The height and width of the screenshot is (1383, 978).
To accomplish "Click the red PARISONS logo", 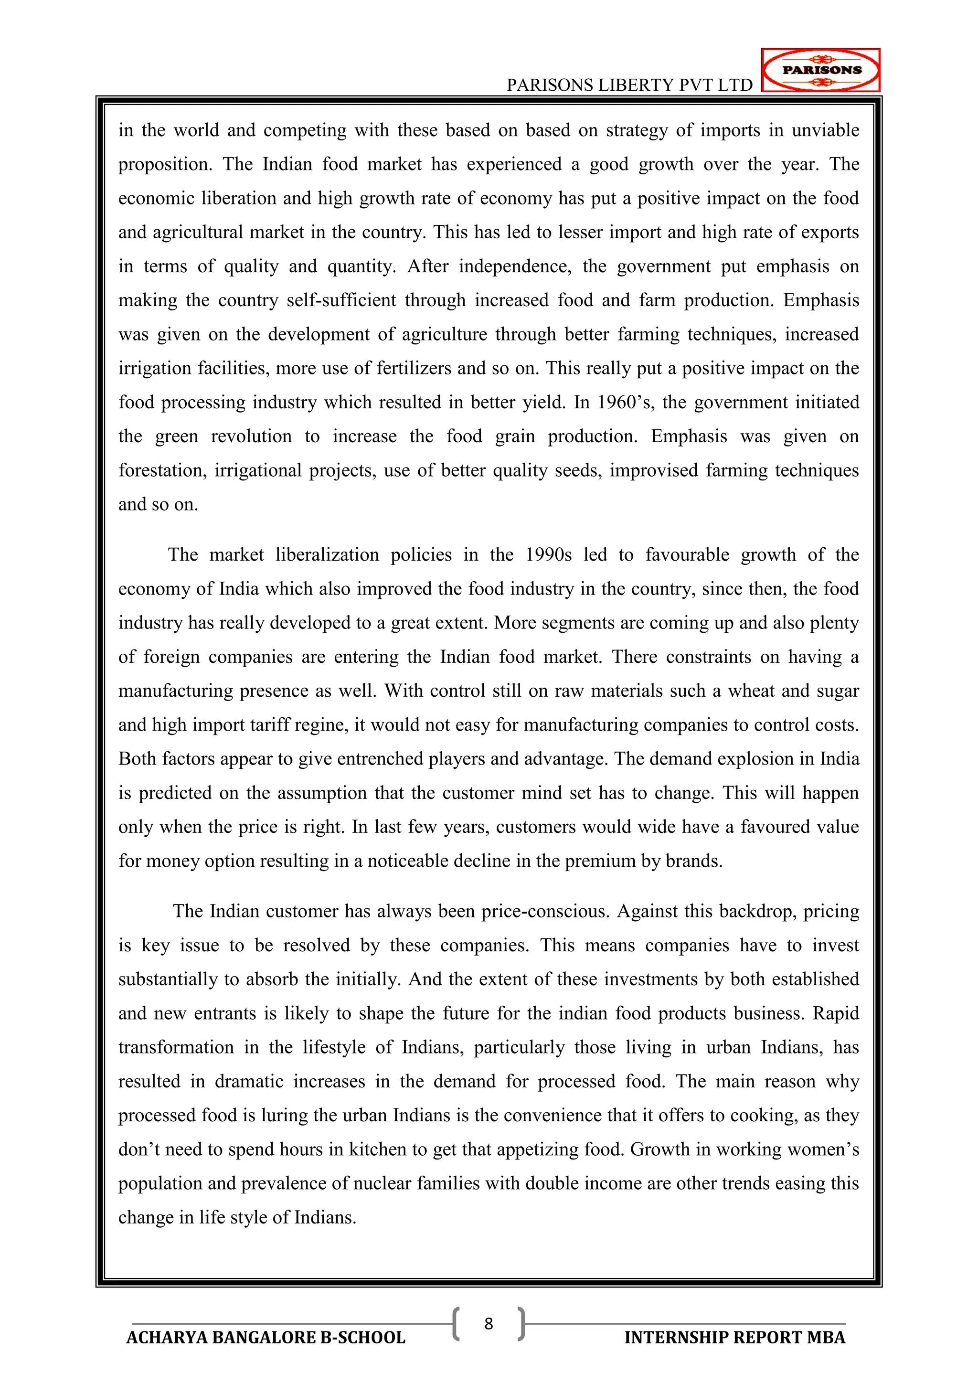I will click(820, 70).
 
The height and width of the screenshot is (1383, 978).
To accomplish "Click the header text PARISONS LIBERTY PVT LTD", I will click(629, 85).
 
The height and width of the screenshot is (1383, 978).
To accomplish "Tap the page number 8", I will click(489, 1323).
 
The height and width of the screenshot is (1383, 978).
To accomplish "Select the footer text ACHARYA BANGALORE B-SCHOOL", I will click(266, 1337).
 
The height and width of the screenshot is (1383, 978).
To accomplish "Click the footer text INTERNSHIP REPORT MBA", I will click(735, 1337).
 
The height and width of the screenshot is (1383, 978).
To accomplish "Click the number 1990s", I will click(548, 555).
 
